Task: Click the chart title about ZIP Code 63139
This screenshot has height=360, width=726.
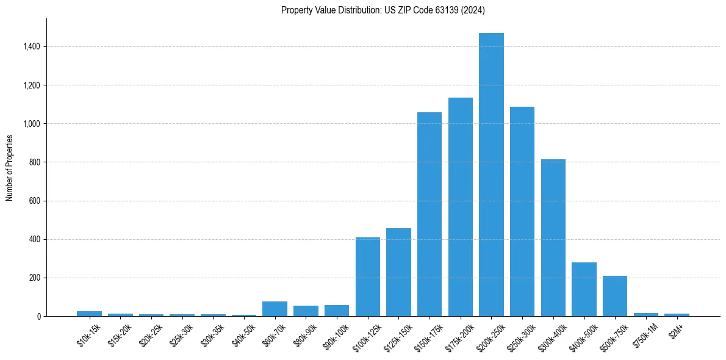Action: click(x=383, y=10)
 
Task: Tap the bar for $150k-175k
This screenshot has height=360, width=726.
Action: click(x=429, y=214)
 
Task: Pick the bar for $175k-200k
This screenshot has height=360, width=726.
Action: click(x=461, y=207)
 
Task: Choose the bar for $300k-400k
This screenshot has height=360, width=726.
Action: click(x=553, y=237)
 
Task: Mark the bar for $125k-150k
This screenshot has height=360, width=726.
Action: click(x=398, y=272)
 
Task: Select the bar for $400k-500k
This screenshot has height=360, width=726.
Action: click(x=584, y=289)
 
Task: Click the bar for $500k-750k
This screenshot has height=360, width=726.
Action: click(x=615, y=296)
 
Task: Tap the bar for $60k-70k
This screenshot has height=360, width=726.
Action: click(x=275, y=309)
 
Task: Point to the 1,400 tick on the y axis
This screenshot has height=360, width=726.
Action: click(x=31, y=46)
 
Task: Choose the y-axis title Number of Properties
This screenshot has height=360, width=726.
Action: click(x=10, y=167)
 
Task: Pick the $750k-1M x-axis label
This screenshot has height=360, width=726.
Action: click(x=645, y=335)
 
